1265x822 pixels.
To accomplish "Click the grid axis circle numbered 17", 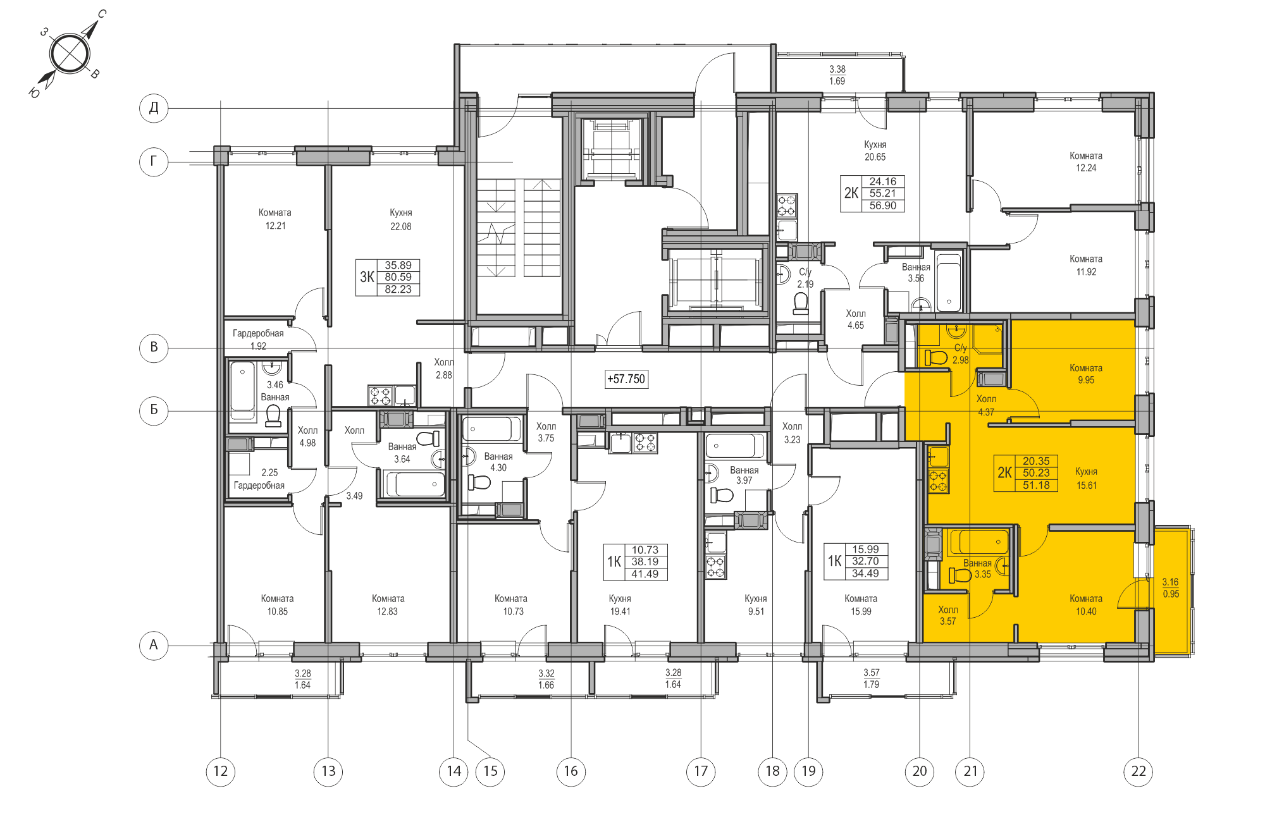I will [701, 771].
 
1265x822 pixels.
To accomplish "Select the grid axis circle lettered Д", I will [154, 107].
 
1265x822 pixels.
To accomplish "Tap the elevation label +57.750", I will [626, 379].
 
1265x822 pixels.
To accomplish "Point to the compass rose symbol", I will [69, 53].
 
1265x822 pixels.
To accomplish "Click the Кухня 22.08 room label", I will [400, 219].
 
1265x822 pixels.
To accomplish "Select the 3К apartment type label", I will [367, 277].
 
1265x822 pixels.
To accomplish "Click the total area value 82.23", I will [398, 290].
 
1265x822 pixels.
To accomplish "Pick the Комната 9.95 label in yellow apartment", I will [1085, 374].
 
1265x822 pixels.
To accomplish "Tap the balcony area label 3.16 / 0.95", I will [1171, 587].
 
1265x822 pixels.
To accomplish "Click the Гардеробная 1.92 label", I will [258, 339].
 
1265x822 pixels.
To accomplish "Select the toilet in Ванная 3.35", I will [960, 575].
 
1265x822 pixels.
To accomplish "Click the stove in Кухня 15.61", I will [938, 481].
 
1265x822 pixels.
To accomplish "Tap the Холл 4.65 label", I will [856, 319].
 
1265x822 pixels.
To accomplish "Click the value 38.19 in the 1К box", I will [645, 561].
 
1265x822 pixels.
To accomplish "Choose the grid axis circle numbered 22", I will [1138, 771].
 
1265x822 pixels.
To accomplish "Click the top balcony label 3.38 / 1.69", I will [837, 75].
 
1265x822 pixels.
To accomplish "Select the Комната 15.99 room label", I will [860, 604].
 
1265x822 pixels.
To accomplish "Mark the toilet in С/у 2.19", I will [801, 304].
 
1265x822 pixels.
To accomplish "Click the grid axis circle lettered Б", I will [154, 410].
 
